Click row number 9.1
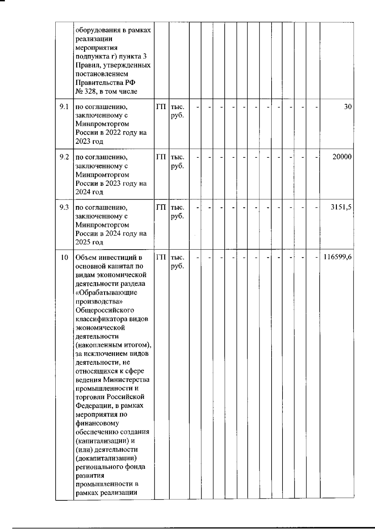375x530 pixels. coord(64,107)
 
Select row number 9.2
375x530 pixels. coord(64,157)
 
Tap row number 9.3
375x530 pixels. coord(64,207)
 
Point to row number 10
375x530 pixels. coord(64,258)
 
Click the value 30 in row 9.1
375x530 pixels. coord(347,107)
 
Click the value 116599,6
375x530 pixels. coord(337,258)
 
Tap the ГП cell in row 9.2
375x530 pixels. coord(161,157)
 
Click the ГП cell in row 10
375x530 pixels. coord(161,258)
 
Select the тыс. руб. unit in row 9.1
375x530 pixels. coord(177,111)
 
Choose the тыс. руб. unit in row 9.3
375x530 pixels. coord(177,212)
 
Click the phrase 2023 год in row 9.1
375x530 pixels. coord(89,141)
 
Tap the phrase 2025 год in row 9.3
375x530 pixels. coord(89,242)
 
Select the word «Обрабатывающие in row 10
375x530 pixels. coord(106,293)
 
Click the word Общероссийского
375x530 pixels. coord(105,310)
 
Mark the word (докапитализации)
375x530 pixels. coord(106,458)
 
